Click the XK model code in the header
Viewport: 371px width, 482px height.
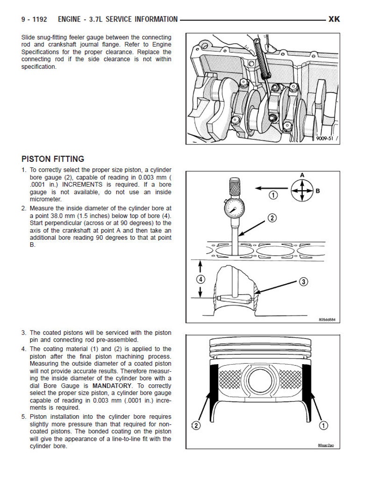coord(334,19)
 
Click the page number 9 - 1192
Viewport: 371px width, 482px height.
coord(34,19)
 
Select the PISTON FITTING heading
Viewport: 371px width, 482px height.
coord(53,159)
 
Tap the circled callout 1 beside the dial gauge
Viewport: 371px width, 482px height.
coord(273,195)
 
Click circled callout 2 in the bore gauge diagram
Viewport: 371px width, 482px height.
coord(272,218)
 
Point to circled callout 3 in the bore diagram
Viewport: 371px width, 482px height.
coord(303,281)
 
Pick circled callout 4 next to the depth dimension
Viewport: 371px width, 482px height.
coord(200,280)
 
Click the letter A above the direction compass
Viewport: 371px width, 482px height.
coord(302,175)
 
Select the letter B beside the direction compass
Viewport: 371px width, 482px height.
coord(318,191)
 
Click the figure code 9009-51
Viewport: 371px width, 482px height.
coord(325,138)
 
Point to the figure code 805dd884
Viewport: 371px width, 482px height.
coord(327,320)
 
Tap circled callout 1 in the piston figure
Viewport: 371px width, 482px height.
coord(324,425)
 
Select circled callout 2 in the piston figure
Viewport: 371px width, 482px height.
coord(196,425)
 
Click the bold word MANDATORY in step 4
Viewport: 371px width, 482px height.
coord(112,386)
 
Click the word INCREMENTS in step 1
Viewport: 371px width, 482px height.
coord(82,185)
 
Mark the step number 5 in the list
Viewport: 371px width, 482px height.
coord(24,417)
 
